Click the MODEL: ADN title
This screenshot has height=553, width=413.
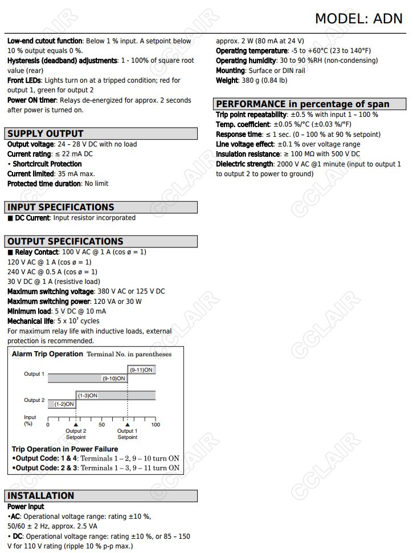tap(358, 19)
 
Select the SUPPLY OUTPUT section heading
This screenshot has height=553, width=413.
tap(46, 134)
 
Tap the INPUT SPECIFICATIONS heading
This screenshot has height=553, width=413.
tap(61, 208)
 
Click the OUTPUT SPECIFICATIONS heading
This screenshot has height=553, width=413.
tap(66, 241)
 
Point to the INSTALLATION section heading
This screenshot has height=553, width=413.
tap(41, 495)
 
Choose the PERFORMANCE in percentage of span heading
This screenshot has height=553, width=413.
tap(302, 104)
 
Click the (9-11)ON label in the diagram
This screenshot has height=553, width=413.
tap(141, 370)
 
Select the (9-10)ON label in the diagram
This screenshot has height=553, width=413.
tap(113, 378)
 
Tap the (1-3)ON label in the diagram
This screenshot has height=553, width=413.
tap(87, 395)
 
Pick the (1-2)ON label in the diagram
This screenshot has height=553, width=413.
tap(64, 404)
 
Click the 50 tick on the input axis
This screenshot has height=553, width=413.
tap(101, 425)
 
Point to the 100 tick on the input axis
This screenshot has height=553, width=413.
tap(156, 425)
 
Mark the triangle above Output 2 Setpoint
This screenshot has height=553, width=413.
tap(76, 425)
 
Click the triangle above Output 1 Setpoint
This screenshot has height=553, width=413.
tap(128, 425)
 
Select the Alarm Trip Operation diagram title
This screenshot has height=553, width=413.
tap(47, 354)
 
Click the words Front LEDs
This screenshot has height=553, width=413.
tap(24, 80)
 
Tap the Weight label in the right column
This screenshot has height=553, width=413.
tap(227, 80)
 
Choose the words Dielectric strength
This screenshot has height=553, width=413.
tap(244, 164)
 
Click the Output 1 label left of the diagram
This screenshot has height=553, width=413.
tap(34, 374)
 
